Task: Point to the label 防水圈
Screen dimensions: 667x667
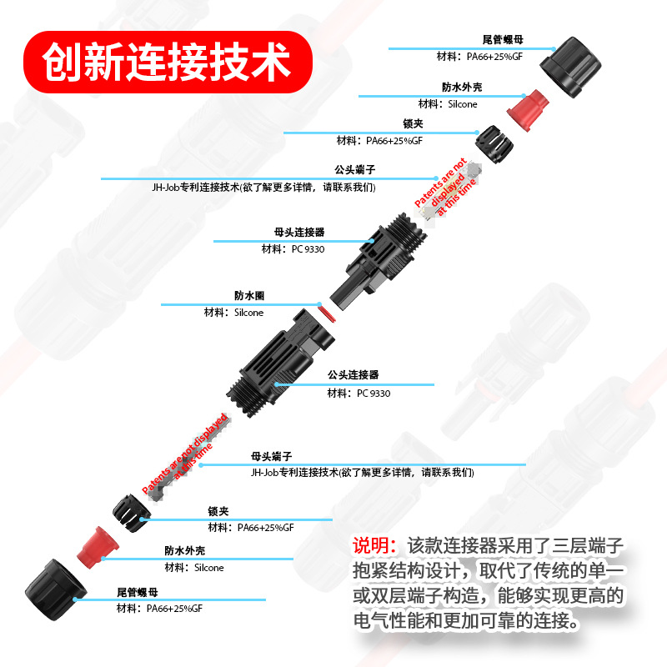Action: (x=249, y=295)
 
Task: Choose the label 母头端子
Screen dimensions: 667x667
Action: (x=271, y=457)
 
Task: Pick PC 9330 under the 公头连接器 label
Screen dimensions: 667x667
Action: (x=372, y=393)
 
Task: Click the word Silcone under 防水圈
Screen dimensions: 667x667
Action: (x=245, y=313)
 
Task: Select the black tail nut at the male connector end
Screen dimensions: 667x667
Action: (x=51, y=588)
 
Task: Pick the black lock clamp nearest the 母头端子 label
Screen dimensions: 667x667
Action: (x=130, y=512)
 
